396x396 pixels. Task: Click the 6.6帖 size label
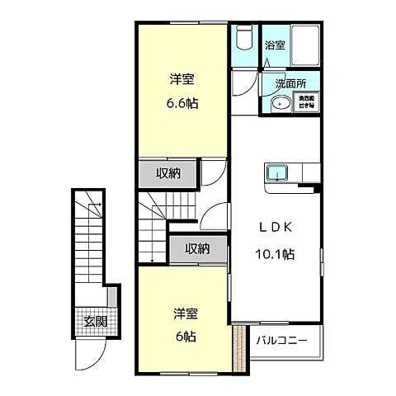point(183,104)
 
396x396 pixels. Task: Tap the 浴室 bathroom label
point(275,46)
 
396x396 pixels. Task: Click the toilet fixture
point(243,37)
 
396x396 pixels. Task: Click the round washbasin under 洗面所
point(280,103)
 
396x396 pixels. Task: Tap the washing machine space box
point(306,103)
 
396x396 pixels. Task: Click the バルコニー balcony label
point(281,340)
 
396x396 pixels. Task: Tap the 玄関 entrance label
point(95,321)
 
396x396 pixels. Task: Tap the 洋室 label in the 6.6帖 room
point(183,80)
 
